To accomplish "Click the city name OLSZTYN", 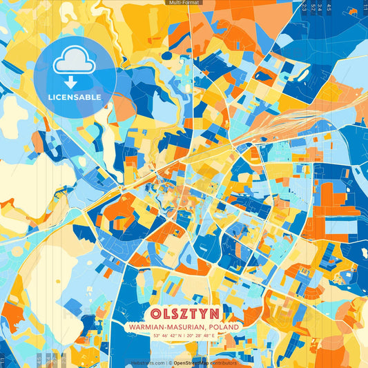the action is click(x=183, y=313).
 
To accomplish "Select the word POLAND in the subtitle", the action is click(x=222, y=327).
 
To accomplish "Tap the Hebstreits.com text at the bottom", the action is click(x=148, y=362).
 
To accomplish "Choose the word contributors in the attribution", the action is click(x=226, y=362).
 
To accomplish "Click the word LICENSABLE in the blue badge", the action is click(x=75, y=97).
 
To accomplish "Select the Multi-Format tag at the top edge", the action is click(x=183, y=3).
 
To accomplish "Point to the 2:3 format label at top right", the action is click(x=304, y=7).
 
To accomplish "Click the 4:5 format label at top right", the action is click(x=329, y=7).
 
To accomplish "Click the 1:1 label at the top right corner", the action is click(x=365, y=7).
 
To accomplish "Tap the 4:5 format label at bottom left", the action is click(x=39, y=360).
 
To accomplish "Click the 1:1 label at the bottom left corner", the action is click(x=3, y=360).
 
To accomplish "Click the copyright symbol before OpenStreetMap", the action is click(x=170, y=362).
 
